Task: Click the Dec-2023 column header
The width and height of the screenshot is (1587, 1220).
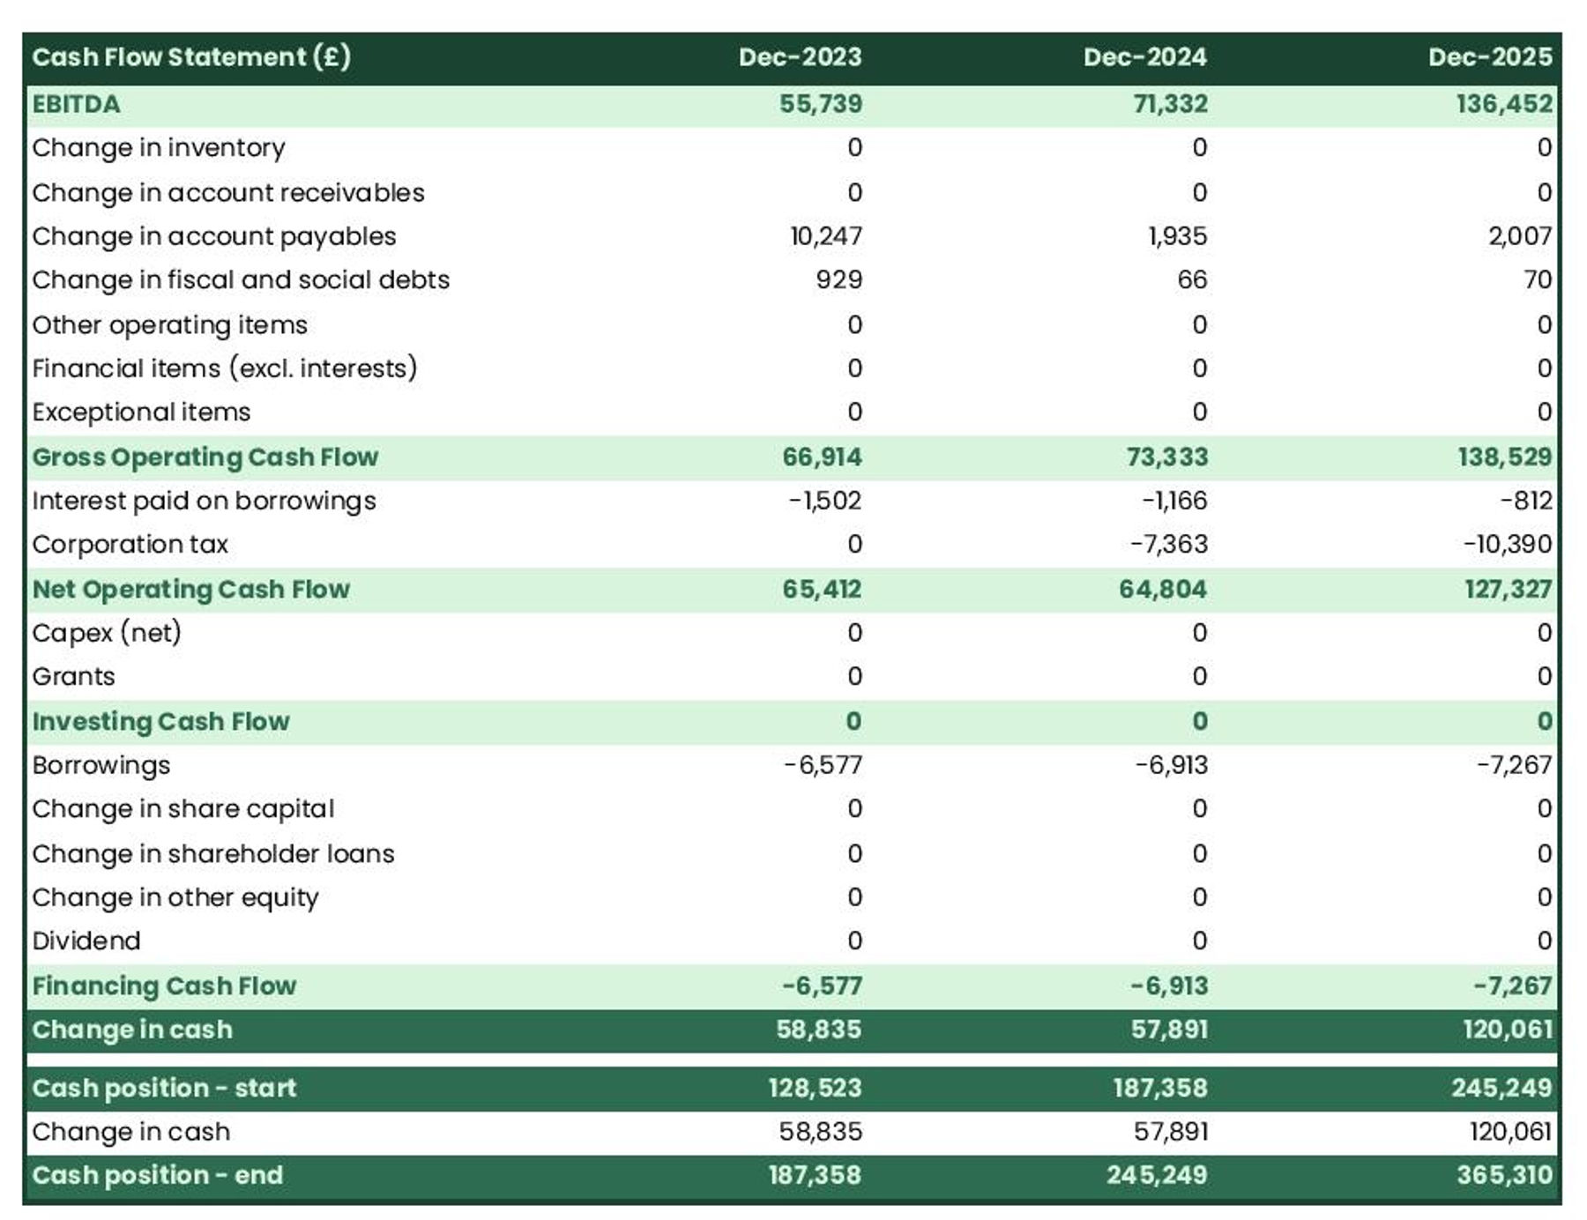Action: pos(800,57)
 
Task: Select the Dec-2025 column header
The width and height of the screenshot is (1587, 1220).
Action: pos(1489,57)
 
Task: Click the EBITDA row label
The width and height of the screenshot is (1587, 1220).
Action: pos(76,104)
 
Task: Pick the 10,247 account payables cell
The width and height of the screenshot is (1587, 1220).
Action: pos(825,236)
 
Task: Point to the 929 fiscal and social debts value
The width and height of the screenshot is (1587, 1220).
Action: pos(838,280)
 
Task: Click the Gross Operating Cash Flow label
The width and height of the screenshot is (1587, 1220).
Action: pos(205,457)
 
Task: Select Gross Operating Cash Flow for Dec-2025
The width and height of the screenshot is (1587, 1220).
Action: pos(1503,457)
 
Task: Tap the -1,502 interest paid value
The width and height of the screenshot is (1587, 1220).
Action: pos(824,501)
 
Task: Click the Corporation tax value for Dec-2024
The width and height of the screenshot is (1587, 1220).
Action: pos(1168,544)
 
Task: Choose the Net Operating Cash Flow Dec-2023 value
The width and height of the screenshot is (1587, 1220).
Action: pos(821,589)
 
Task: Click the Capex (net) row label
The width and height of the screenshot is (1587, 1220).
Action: pos(106,633)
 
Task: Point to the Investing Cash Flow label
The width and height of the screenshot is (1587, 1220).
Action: pos(160,721)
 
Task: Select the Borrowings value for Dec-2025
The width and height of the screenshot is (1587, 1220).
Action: pos(1514,765)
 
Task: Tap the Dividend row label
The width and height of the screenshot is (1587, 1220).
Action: pos(86,941)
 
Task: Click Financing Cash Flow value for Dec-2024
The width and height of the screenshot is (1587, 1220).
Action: pos(1168,986)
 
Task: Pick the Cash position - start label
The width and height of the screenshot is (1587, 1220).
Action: pos(164,1088)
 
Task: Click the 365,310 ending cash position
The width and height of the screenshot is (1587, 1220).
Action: pos(1503,1175)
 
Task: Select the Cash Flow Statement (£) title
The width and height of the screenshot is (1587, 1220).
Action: pos(191,57)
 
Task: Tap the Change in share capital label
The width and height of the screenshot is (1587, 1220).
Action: pos(183,809)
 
